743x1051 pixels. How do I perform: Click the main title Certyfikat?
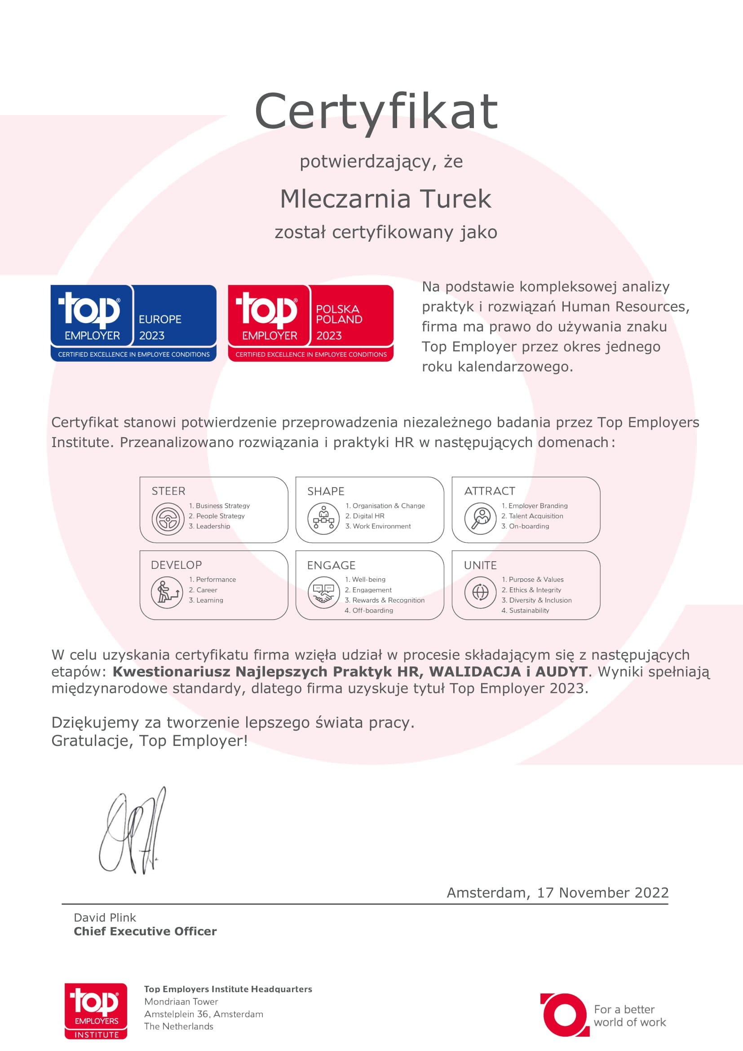pos(376,111)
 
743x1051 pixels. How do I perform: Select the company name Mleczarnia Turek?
pos(385,199)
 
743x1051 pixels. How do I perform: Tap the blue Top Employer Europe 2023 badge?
pos(133,323)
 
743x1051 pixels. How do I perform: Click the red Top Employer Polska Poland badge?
pos(311,323)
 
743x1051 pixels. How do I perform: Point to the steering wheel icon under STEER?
pos(168,519)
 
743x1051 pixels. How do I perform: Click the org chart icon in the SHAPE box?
pos(323,519)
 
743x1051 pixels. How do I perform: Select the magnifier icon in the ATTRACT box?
pos(480,519)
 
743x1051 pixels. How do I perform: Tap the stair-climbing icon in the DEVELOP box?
pos(167,592)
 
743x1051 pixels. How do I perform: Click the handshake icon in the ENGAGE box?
pos(323,592)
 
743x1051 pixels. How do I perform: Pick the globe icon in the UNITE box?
pos(480,592)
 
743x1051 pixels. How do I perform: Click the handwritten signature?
pos(133,831)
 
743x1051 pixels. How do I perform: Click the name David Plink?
pos(105,918)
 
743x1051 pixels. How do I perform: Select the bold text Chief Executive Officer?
pos(145,931)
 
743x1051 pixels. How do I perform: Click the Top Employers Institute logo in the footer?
pos(96,1011)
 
